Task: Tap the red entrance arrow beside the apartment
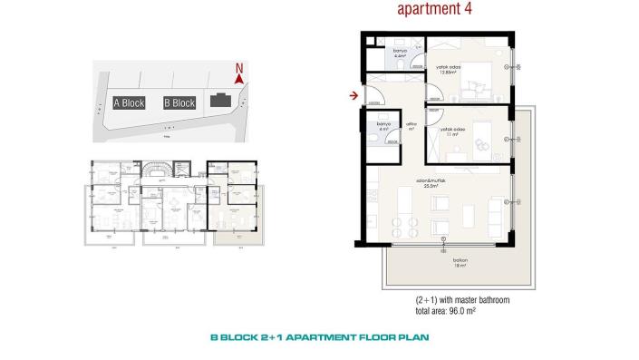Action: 352,92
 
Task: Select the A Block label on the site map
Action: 129,103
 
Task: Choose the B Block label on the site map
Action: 179,103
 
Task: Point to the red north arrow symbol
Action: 238,80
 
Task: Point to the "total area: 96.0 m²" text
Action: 449,310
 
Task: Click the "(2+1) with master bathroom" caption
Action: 460,299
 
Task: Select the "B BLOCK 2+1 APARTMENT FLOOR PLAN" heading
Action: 320,337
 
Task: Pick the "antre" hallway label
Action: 410,128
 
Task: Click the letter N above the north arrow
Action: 238,67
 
